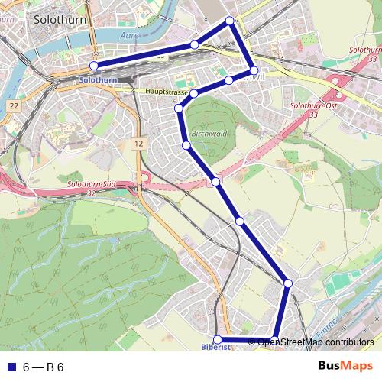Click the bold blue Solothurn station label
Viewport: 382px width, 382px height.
[99, 79]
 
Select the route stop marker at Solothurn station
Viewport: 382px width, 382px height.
[94, 66]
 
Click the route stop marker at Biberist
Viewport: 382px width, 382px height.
[217, 339]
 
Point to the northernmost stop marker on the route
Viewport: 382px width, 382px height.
[230, 21]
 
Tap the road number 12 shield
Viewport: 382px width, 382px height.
[137, 143]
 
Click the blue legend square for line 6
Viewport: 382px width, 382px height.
[10, 367]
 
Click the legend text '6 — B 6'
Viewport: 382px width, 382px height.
[43, 367]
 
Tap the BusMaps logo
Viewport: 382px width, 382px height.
[346, 366]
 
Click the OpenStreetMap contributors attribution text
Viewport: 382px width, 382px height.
[316, 342]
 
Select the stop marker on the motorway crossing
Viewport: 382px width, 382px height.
[216, 181]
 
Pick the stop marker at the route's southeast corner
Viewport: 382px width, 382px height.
[288, 283]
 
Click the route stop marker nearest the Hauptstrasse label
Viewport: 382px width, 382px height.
[193, 93]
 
